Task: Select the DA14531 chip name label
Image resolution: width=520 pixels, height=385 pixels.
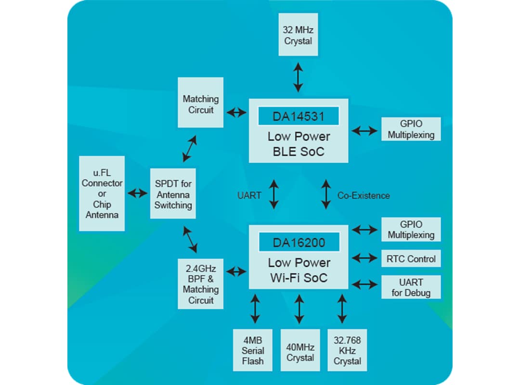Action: click(299, 116)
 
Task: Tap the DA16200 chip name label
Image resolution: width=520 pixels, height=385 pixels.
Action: click(299, 243)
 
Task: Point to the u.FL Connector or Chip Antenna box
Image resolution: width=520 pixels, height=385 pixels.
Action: click(102, 193)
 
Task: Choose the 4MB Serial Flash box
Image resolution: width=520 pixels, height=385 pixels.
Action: click(253, 350)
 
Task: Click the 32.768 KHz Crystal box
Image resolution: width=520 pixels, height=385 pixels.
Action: click(347, 350)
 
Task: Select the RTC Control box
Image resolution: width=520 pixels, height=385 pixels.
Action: click(411, 258)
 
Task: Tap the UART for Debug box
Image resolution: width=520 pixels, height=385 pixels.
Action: click(411, 287)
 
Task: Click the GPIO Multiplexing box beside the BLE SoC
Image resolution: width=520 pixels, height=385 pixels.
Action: click(411, 129)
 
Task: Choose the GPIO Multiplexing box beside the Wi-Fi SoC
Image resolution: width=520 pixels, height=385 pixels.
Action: click(411, 230)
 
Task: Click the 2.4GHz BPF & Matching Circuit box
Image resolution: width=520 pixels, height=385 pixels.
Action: click(200, 284)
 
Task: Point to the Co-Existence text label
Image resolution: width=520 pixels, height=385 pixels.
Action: click(364, 195)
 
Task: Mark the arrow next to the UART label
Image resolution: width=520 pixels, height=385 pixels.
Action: click(274, 194)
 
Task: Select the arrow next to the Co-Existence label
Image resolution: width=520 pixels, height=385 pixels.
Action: click(326, 194)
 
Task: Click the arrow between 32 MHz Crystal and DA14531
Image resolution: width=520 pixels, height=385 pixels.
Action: click(299, 77)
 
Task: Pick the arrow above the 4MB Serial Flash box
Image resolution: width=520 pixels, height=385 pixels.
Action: click(255, 308)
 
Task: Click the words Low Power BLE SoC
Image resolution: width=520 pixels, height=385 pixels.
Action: click(299, 144)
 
